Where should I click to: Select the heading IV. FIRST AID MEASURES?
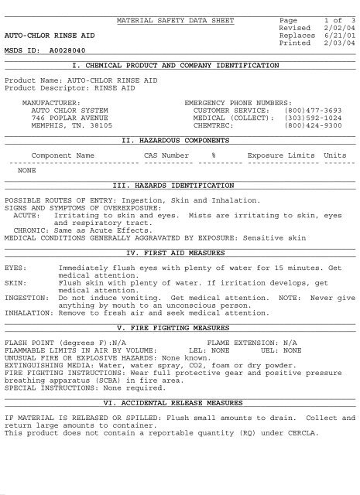coord(180,253)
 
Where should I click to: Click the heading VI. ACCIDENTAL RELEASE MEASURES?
coord(180,403)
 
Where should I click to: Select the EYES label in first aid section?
coord(15,268)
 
